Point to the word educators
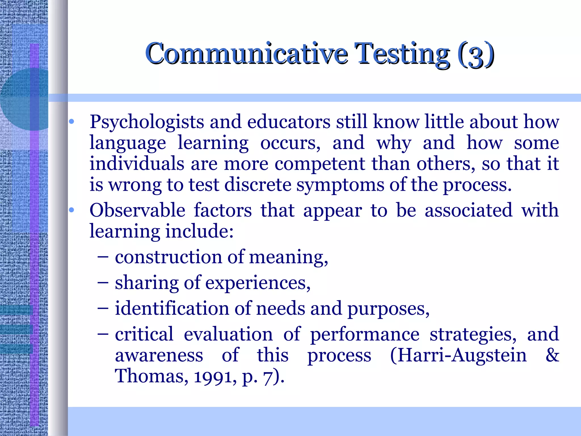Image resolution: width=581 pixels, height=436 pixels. tap(289, 122)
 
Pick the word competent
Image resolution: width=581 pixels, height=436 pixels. tap(320, 164)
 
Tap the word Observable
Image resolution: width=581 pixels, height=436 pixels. tap(137, 210)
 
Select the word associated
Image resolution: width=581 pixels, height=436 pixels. tap(468, 210)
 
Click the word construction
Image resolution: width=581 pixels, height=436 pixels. tap(168, 257)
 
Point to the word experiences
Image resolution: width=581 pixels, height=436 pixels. tap(258, 283)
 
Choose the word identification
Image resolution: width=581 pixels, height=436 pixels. tap(172, 309)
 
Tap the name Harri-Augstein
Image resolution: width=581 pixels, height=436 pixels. tap(458, 355)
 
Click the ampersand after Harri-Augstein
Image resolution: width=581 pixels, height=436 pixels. tap(552, 355)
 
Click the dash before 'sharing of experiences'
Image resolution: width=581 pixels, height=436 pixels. tap(102, 283)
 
